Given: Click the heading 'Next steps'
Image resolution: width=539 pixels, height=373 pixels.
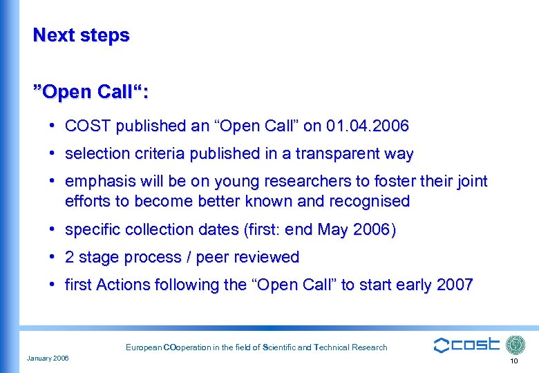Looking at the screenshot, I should click(81, 35).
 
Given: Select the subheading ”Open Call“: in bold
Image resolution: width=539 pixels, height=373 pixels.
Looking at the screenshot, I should click(91, 91).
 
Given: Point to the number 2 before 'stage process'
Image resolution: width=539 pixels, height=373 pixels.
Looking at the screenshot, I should click(70, 258).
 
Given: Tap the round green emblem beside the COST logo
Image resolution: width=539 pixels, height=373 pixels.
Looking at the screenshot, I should click(516, 345).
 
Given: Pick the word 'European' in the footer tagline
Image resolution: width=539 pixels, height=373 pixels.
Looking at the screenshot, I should click(143, 347).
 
